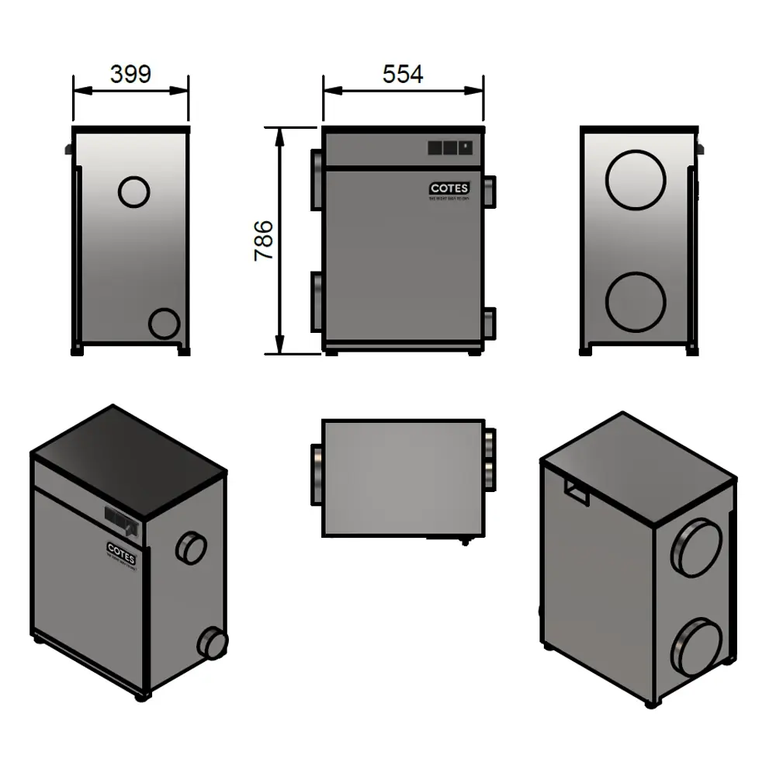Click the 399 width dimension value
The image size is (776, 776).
point(130,74)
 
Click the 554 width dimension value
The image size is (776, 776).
point(403,74)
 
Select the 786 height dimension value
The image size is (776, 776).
point(264,240)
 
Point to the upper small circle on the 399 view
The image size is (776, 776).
point(133,190)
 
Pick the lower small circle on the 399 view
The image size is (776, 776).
point(164,323)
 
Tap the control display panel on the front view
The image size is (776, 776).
point(449,146)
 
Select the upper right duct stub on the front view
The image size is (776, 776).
point(490,189)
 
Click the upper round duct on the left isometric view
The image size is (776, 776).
point(190,547)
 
